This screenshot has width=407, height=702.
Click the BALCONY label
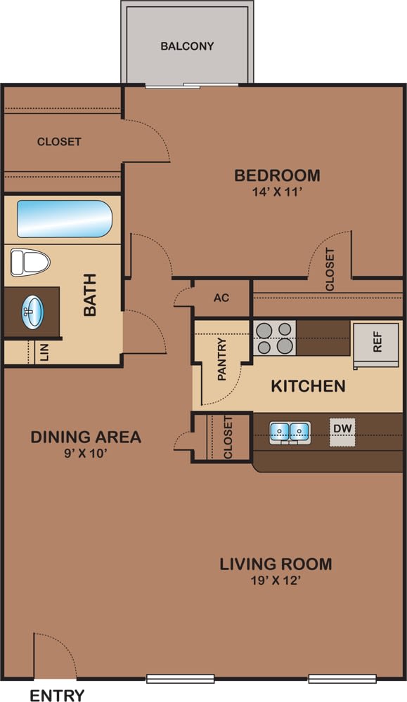click(187, 46)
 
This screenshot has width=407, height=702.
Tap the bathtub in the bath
click(64, 219)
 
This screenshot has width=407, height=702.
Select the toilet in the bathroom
click(30, 263)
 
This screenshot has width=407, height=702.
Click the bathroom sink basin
click(32, 310)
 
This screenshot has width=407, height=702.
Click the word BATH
click(90, 295)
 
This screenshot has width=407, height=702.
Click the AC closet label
click(221, 298)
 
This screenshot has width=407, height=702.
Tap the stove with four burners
click(274, 338)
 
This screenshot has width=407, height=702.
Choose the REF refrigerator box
click(377, 342)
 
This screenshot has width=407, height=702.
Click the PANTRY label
click(222, 360)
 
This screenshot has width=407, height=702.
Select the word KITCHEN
click(308, 386)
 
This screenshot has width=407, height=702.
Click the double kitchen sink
click(290, 430)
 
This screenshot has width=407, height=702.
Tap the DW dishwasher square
click(343, 428)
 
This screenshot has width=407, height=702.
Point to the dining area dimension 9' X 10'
click(86, 453)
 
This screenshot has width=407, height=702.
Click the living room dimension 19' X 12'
click(276, 581)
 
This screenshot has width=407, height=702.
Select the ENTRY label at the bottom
click(57, 696)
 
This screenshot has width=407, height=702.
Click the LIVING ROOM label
click(276, 564)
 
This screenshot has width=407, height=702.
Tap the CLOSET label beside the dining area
click(228, 437)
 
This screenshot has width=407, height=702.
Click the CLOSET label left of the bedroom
click(59, 142)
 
